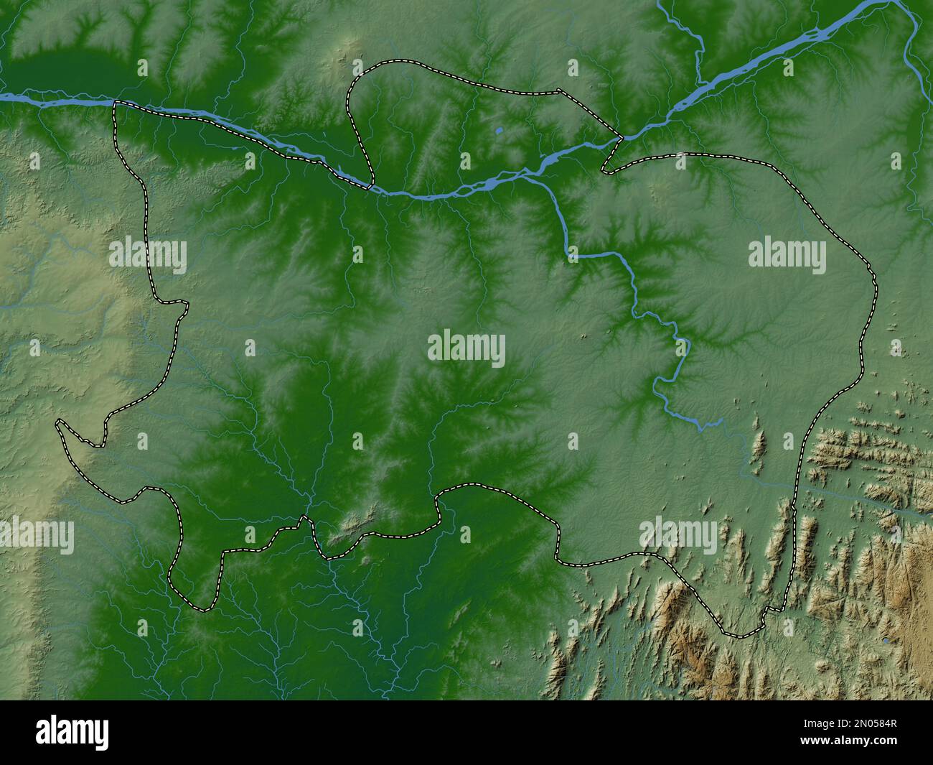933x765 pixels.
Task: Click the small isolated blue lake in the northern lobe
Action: [x=498, y=131]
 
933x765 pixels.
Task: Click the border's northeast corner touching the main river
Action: [x=621, y=135]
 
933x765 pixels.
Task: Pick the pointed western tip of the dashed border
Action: [x=58, y=423]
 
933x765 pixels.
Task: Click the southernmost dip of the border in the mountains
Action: [x=739, y=636]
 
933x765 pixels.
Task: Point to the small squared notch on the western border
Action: [x=179, y=307]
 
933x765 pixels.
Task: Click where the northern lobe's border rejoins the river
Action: [x=371, y=187]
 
